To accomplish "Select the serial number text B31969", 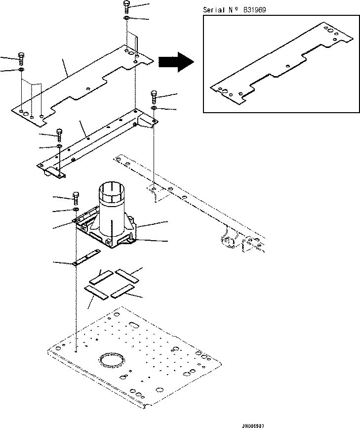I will coord(256,10).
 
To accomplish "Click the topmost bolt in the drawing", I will coord(126,6).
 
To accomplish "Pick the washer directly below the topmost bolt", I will coord(126,18).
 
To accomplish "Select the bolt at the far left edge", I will coord(21,58).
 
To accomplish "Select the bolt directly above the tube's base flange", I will coord(76,197).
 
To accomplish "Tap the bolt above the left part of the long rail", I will coord(60,134).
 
